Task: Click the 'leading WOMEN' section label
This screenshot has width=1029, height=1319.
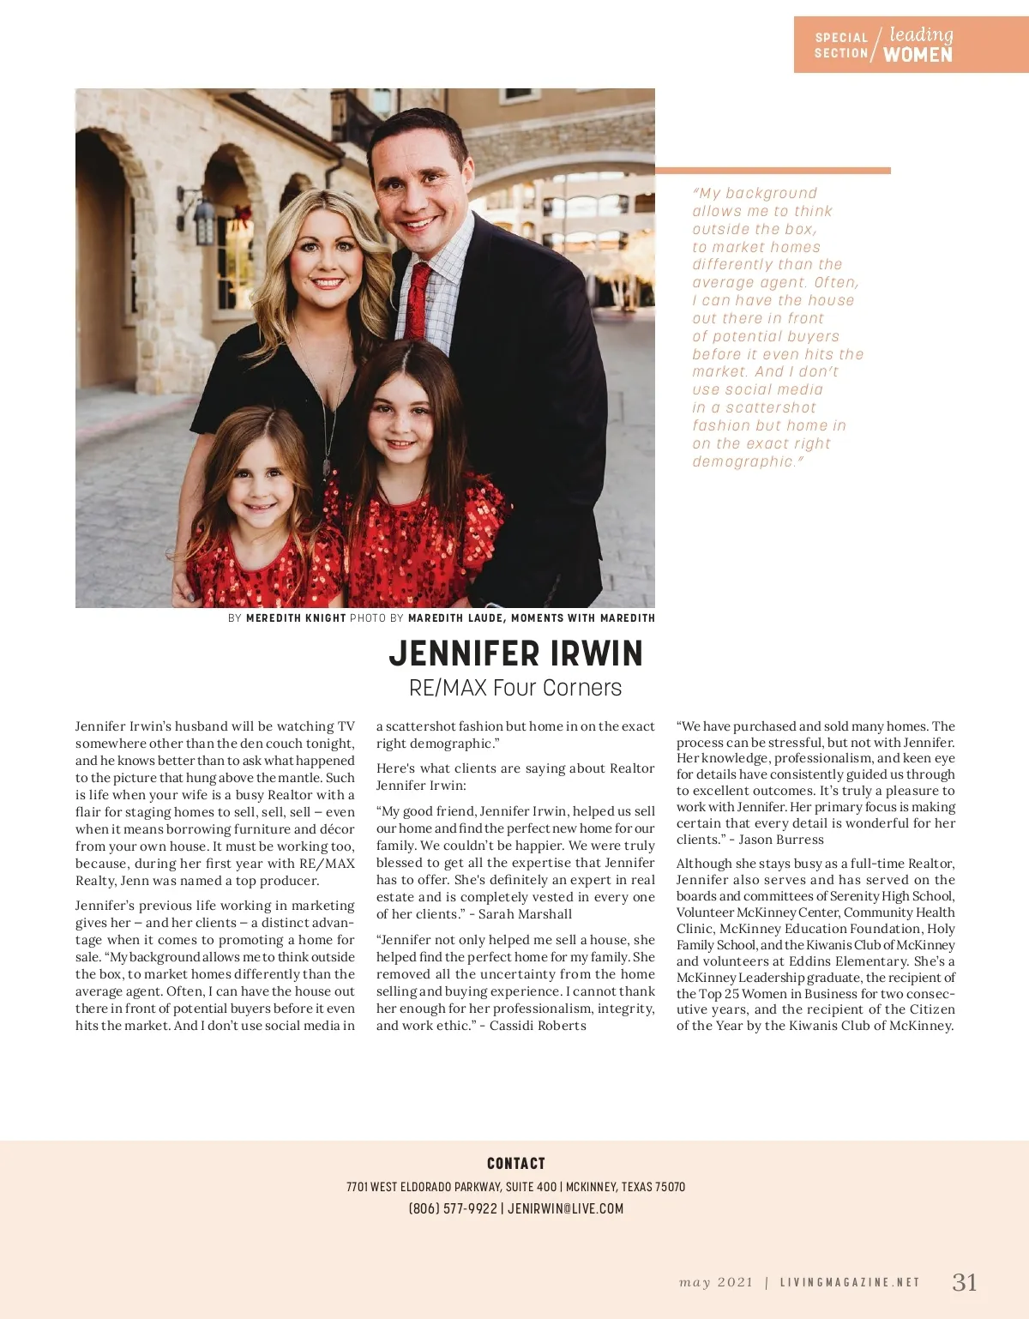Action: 918,45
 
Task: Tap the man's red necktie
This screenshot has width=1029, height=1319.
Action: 418,300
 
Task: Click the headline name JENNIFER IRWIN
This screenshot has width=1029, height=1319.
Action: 515,653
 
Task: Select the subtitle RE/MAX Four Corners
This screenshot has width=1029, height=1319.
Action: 515,688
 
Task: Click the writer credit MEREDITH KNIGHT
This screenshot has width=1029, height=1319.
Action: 296,617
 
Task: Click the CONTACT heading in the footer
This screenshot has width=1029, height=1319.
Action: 515,1163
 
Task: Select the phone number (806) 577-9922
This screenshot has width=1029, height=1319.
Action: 453,1208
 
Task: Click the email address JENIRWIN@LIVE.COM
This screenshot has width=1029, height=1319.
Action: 565,1208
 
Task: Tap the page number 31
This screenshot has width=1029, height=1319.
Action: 965,1282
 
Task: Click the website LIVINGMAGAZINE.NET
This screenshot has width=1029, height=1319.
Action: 850,1283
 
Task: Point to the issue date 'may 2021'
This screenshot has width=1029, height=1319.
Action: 716,1283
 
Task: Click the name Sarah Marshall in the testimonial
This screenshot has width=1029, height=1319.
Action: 525,914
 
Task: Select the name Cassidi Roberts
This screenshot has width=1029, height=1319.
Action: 538,1026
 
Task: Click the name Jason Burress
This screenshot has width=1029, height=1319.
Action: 781,840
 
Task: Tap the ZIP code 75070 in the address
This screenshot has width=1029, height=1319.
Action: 670,1187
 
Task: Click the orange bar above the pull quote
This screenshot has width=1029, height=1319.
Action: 773,171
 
